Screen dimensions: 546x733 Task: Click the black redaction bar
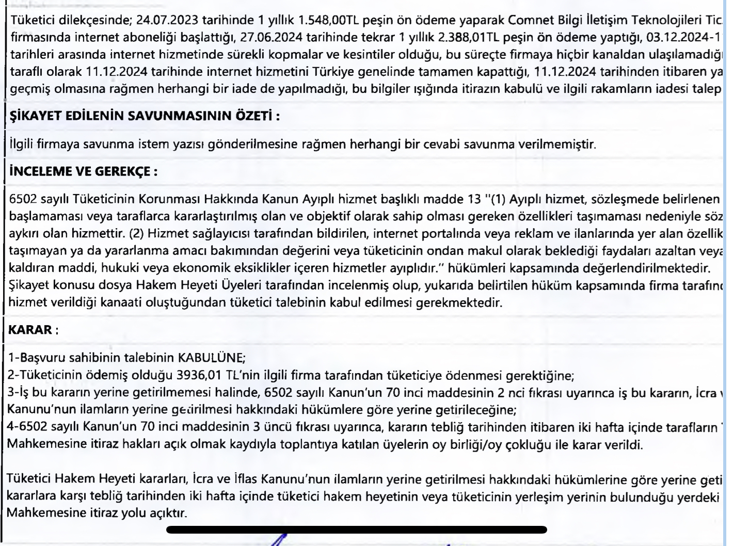(x=356, y=529)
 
